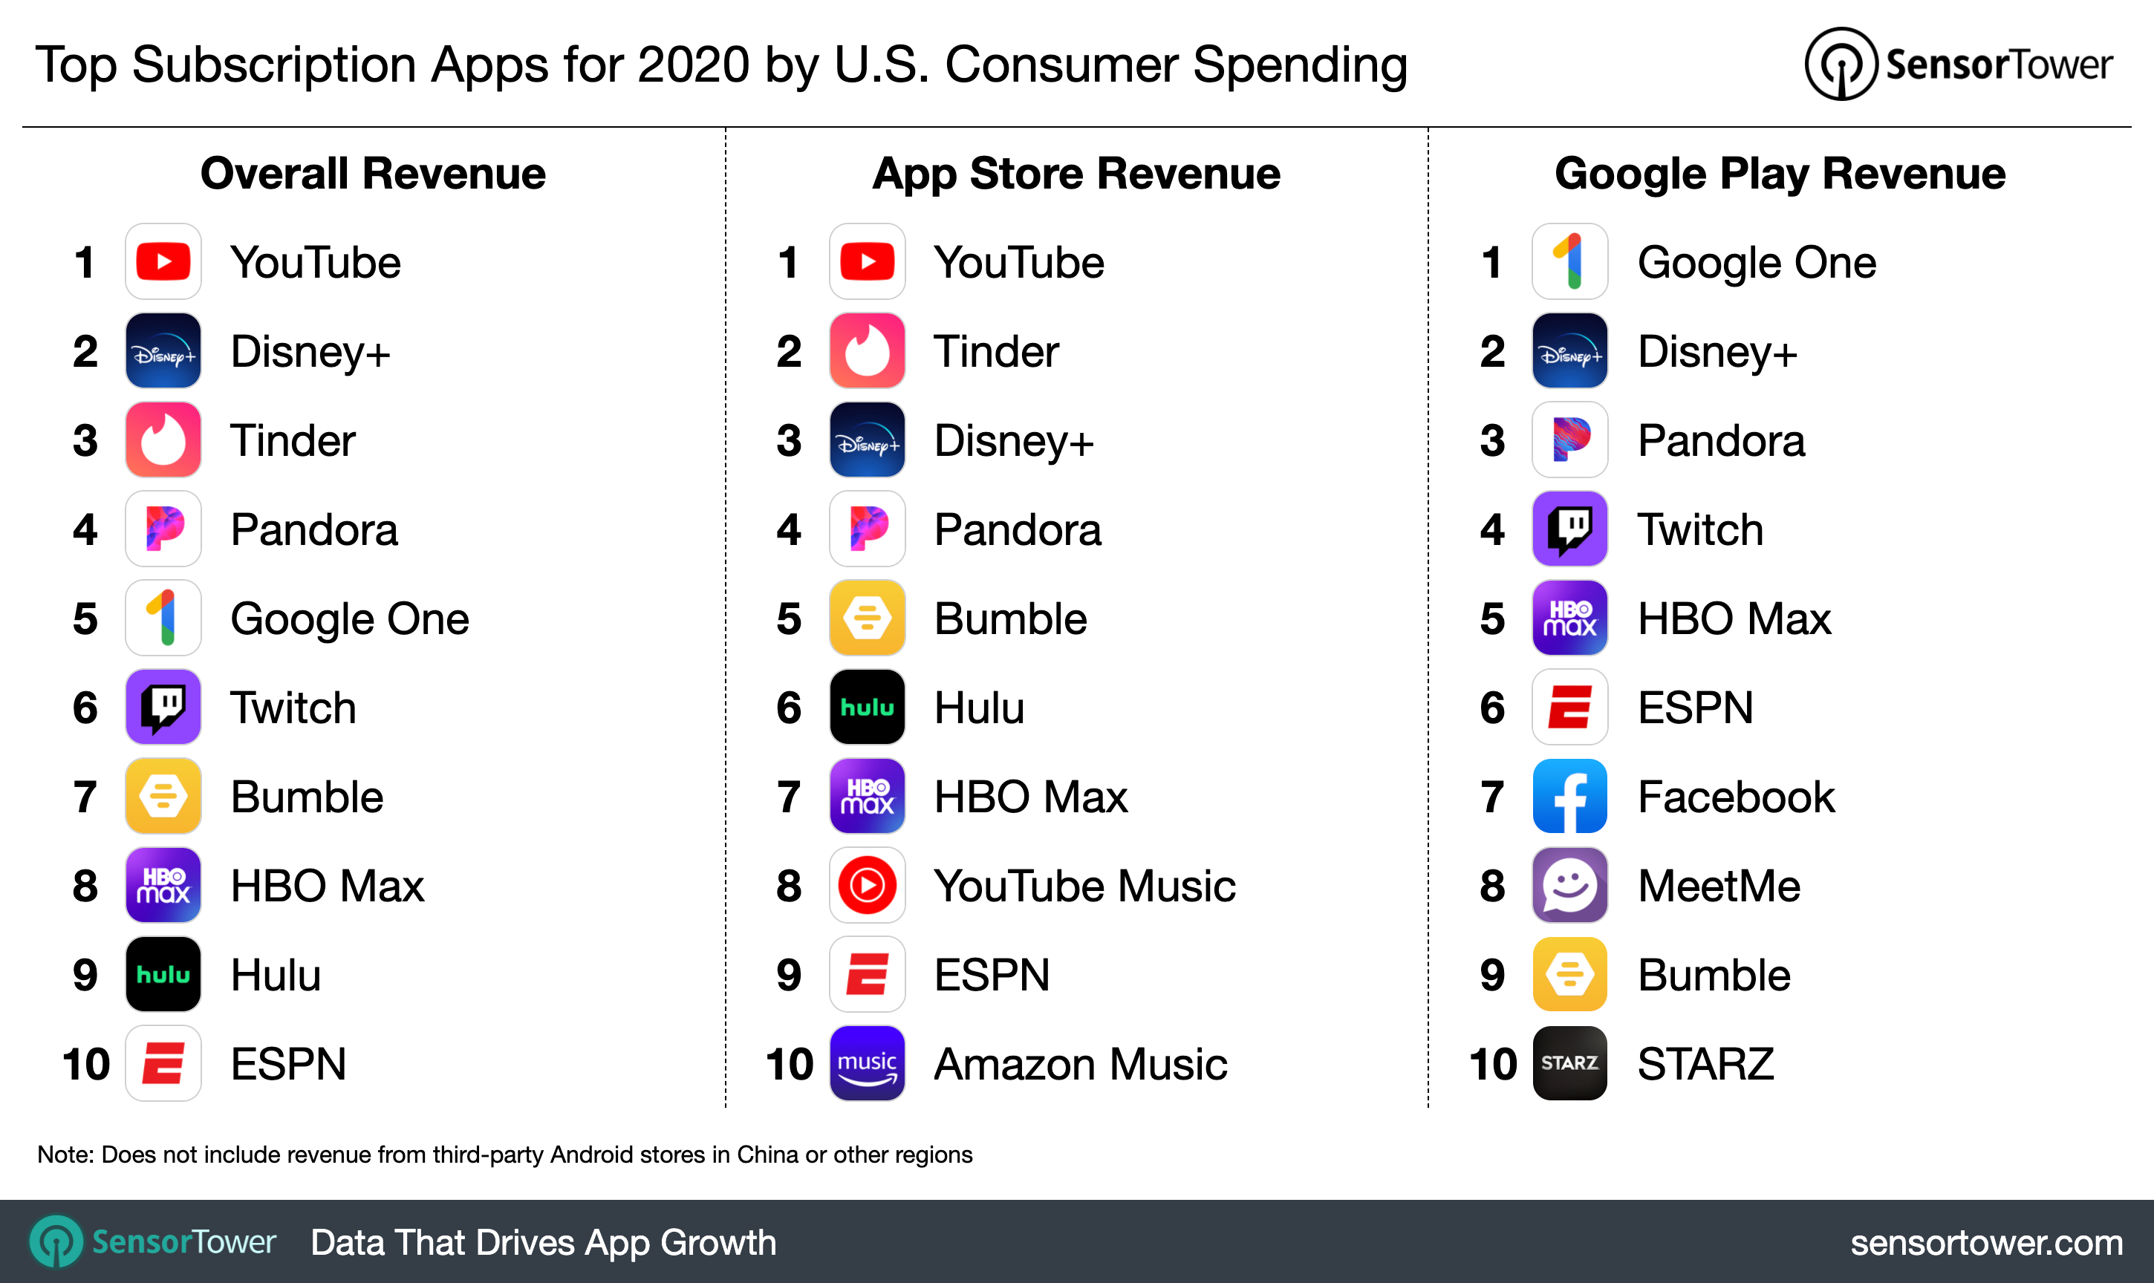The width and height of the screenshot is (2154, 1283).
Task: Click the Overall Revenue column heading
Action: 373,173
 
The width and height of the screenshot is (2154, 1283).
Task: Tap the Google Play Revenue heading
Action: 1779,173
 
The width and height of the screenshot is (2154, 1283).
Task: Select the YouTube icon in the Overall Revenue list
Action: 163,262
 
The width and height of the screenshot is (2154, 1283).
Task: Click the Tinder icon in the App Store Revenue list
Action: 867,351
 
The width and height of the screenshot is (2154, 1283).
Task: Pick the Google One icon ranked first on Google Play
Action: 1569,262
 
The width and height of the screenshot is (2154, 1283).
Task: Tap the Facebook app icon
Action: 1569,796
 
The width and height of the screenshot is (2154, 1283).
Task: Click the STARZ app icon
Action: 1569,1062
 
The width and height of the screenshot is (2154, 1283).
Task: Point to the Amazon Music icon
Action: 867,1062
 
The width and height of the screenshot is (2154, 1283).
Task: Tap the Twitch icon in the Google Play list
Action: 1569,529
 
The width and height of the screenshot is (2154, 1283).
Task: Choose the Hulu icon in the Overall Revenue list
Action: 163,974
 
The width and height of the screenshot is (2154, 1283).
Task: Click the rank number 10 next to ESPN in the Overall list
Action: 85,1063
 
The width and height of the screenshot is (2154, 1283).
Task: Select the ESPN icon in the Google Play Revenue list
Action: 1569,707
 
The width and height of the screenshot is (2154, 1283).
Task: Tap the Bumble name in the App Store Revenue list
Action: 1010,619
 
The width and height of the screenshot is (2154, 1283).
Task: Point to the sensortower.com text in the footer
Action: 1985,1242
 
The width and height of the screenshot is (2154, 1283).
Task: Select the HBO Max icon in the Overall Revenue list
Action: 163,885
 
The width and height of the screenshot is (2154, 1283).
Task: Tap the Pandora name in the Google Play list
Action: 1720,441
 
